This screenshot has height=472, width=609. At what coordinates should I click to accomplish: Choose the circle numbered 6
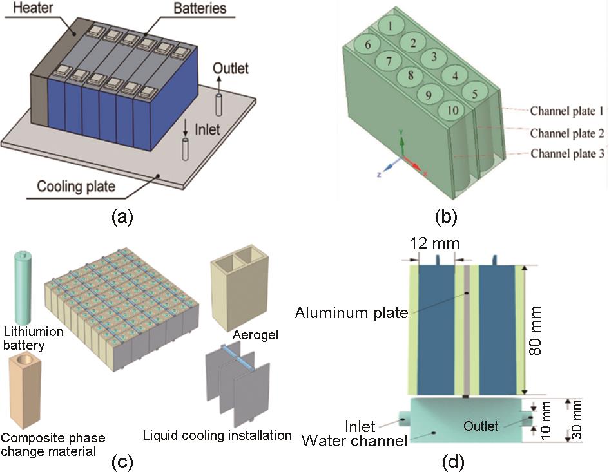click(x=367, y=46)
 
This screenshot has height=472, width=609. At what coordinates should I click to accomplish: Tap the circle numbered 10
click(x=453, y=111)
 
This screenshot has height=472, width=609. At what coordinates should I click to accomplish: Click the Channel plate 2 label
click(x=567, y=133)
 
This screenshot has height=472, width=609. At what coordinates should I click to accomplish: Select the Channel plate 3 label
click(x=567, y=154)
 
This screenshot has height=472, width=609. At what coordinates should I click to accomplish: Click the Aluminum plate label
click(x=352, y=313)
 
